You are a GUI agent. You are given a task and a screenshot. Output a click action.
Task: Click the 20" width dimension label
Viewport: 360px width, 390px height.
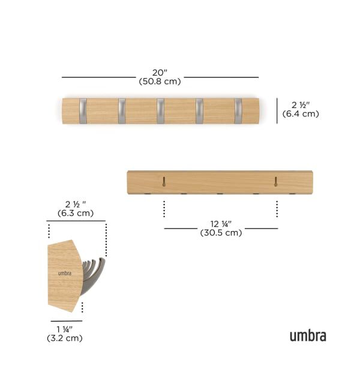coord(160,72)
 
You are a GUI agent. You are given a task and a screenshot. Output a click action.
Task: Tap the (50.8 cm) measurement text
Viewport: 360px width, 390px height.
coord(160,81)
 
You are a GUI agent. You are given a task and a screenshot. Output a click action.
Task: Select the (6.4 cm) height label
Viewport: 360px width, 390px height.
coord(301,114)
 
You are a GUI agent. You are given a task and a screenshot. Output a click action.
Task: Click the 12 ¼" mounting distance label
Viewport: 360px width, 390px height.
coord(221,224)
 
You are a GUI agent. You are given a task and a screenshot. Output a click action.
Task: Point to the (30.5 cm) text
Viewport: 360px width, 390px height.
coord(221,233)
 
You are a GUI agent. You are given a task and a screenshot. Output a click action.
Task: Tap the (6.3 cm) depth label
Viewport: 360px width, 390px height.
coord(76,213)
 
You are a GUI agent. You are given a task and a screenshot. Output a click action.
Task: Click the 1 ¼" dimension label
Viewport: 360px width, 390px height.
coord(64,329)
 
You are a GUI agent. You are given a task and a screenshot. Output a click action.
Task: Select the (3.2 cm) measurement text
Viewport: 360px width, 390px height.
coord(64,338)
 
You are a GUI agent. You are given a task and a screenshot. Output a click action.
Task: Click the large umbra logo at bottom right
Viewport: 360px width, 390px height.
coord(308,335)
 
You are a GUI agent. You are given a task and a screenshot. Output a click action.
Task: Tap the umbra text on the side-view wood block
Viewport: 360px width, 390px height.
coord(64,273)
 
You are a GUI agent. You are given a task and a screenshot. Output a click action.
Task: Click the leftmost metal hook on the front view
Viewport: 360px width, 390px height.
coord(83,110)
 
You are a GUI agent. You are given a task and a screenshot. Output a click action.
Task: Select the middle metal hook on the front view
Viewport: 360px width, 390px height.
coord(161,110)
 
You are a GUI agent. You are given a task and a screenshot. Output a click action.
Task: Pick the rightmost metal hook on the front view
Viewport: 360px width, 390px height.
coord(238,110)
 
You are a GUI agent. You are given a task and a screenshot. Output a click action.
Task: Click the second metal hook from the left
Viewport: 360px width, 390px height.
coord(122,110)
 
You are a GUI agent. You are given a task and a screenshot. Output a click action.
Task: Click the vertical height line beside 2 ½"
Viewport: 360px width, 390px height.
coord(277,110)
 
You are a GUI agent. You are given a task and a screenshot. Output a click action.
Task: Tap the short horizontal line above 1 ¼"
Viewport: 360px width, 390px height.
coord(66,321)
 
